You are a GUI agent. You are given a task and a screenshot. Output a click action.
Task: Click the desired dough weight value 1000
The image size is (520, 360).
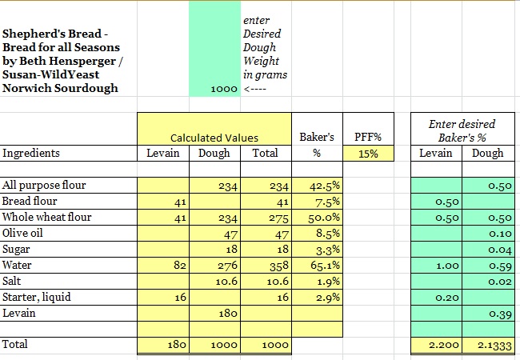(223, 89)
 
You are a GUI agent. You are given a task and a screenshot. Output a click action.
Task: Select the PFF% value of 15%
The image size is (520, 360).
(368, 154)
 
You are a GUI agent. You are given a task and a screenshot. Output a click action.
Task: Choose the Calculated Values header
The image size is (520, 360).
(214, 138)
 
